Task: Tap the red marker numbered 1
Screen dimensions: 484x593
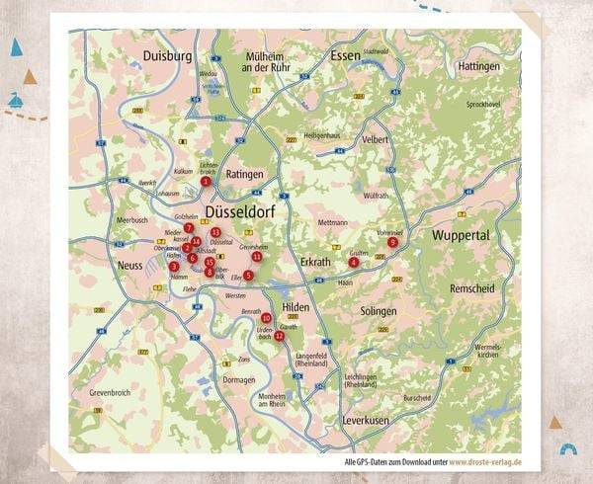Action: pos(206,181)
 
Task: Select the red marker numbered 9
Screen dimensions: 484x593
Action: pos(392,241)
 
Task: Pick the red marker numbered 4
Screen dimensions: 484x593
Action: pos(354,262)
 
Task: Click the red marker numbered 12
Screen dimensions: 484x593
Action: pos(280,336)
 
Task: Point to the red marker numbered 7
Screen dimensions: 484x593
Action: pos(189,227)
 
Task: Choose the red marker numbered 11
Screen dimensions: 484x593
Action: pos(257,256)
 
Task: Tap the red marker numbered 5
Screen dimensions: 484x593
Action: pos(248,276)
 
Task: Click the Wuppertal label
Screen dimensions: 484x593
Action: pos(461,236)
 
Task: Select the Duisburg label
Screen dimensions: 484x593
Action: pos(167,56)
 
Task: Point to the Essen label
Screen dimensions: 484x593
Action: pos(347,55)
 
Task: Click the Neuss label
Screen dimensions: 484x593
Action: pos(129,265)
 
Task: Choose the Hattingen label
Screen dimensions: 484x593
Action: pos(480,65)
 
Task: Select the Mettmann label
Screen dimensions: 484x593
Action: pos(333,223)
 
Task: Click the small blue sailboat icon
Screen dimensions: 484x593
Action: pos(16,99)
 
